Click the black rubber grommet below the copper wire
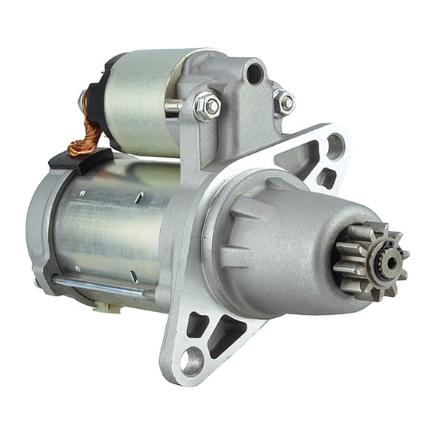79,159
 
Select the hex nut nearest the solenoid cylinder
207,106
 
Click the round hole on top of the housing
254,74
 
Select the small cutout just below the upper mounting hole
326,177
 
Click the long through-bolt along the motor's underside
105,285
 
